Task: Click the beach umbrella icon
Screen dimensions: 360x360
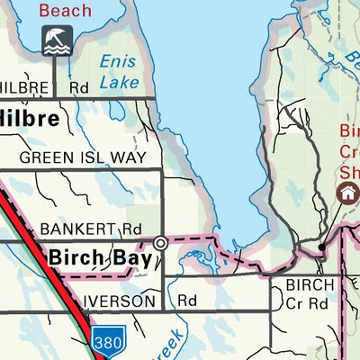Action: [x=56, y=40]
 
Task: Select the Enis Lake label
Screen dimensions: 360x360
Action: [x=119, y=71]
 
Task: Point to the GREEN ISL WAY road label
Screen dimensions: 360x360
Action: [x=82, y=157]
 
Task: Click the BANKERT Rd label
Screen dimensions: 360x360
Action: [x=91, y=229]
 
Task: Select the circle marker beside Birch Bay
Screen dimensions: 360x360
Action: [x=160, y=243]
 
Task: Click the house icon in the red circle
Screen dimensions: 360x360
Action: [x=346, y=193]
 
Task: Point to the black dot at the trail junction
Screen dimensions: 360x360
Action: [x=321, y=246]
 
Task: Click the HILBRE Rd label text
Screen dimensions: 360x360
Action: [x=40, y=89]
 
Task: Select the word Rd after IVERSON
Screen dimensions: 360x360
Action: [x=187, y=301]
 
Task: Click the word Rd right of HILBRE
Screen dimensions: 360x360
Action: [x=78, y=89]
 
